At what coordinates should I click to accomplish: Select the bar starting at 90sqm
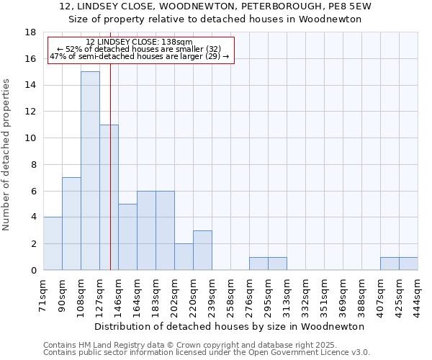[71, 223]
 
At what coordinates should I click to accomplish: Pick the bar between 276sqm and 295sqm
[258, 264]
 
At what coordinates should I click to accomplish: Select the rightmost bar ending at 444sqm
[408, 264]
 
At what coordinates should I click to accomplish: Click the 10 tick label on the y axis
[30, 138]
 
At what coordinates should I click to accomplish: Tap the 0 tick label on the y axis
[33, 270]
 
